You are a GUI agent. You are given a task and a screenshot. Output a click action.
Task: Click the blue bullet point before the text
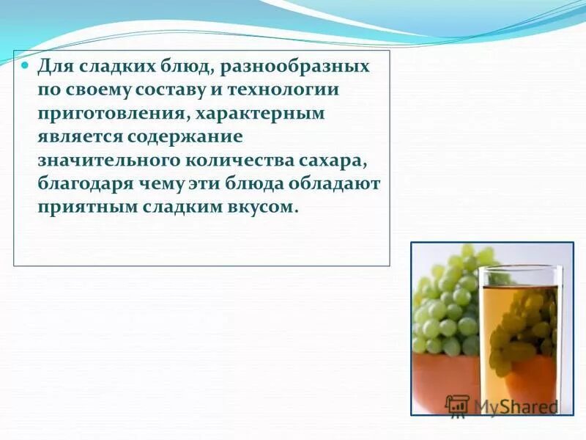coord(24,66)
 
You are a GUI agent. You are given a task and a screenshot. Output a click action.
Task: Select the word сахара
coord(335,161)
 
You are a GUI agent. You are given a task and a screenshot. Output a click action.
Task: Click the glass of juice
coord(518,337)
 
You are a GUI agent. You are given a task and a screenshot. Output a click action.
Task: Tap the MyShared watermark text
coord(514,406)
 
